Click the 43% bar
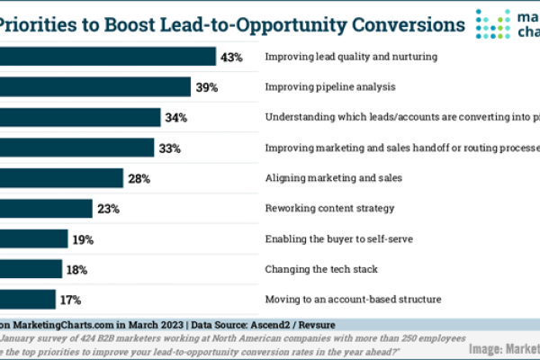[108, 57]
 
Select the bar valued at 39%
[94, 86]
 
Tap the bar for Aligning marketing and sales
[61, 178]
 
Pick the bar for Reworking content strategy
[46, 209]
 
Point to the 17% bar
[28, 299]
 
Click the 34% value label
[176, 117]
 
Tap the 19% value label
[83, 239]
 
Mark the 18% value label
[76, 269]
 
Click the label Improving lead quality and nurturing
[351, 57]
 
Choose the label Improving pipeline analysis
[331, 87]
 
